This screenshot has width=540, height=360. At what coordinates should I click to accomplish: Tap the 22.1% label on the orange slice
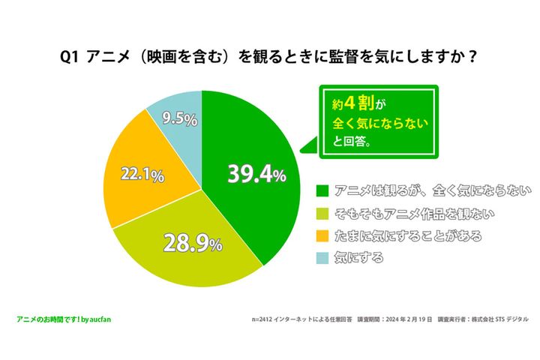click(x=142, y=175)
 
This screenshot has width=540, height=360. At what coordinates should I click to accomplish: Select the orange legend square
click(x=322, y=235)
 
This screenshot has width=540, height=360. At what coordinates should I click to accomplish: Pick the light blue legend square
click(x=322, y=259)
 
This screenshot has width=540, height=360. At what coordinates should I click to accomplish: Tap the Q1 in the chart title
click(x=73, y=57)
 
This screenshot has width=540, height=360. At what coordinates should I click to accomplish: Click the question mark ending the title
click(x=472, y=57)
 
